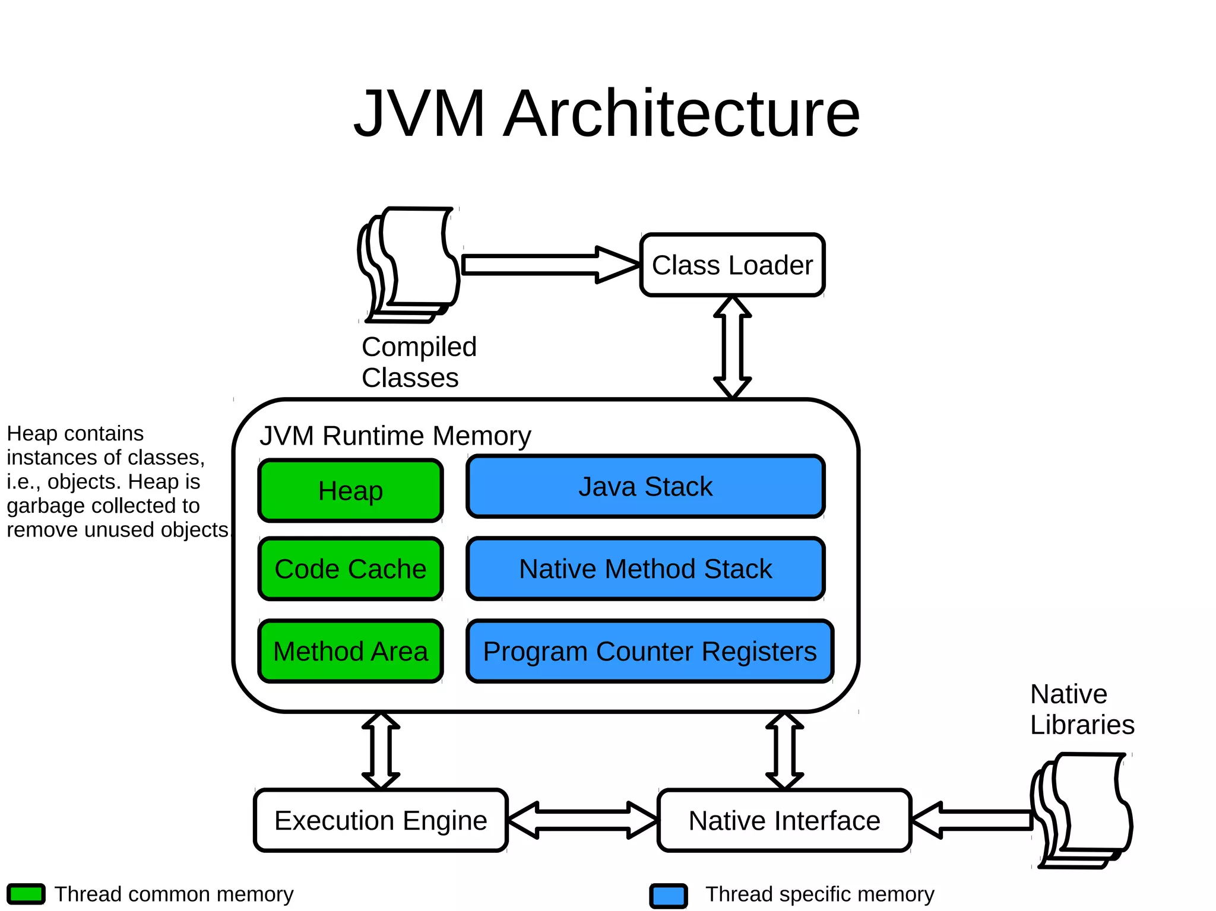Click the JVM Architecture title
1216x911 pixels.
tap(607, 113)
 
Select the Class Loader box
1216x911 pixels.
tap(732, 265)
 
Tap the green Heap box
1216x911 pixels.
tap(350, 491)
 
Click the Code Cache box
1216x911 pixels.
tap(350, 569)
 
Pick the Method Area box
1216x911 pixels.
tap(350, 651)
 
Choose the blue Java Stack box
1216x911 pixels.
tap(645, 487)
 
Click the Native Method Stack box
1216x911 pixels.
tap(645, 569)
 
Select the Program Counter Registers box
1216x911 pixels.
tap(650, 651)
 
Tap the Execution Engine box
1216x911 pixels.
tap(381, 820)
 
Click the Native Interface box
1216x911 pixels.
tap(784, 820)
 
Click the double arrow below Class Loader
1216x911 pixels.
tap(732, 347)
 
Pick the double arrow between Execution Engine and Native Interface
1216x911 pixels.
tap(582, 820)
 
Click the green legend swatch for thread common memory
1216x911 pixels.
tap(26, 894)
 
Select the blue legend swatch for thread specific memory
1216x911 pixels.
tap(669, 896)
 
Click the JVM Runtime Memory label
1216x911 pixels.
tap(395, 436)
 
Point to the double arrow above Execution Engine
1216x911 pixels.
tap(381, 751)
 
